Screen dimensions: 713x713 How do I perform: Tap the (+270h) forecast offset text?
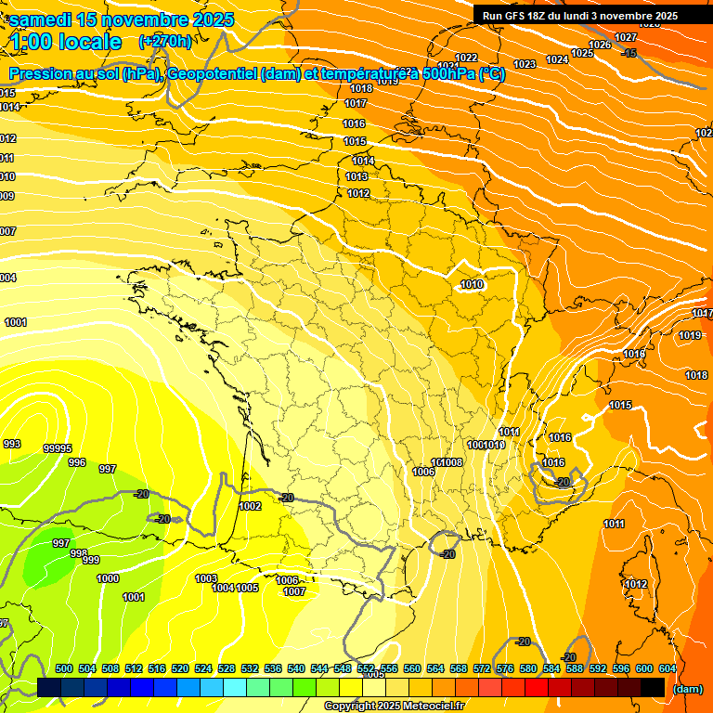click(x=165, y=41)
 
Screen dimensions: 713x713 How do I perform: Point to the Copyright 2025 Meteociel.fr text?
click(x=394, y=707)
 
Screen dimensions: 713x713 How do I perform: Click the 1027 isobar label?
click(x=626, y=37)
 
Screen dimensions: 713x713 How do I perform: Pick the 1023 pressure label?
click(x=525, y=64)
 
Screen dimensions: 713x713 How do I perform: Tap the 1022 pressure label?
click(x=466, y=58)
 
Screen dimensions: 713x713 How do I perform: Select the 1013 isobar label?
click(x=357, y=176)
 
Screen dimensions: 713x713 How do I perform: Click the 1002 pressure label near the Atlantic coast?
click(x=250, y=506)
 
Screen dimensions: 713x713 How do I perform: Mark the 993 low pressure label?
click(x=12, y=444)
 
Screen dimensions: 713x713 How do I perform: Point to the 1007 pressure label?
click(x=294, y=591)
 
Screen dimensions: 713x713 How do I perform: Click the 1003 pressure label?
click(x=206, y=578)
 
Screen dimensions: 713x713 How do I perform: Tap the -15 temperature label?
click(x=629, y=53)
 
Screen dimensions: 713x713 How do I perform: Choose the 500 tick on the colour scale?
click(x=64, y=668)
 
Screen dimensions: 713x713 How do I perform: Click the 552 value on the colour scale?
click(x=365, y=668)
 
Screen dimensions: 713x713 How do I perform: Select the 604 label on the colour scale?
click(x=667, y=668)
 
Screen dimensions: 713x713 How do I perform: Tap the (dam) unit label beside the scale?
click(x=687, y=688)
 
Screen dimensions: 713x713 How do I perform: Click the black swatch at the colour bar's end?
click(x=653, y=687)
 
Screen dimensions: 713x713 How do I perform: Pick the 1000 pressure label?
click(x=108, y=578)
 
